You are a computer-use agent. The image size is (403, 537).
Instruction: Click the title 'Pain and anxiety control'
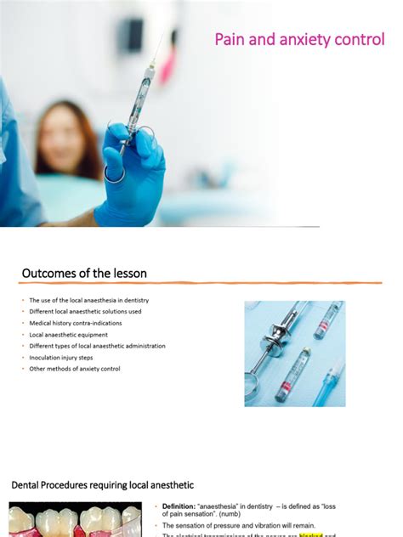point(299,39)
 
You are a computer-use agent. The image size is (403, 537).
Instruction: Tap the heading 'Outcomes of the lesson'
point(84,273)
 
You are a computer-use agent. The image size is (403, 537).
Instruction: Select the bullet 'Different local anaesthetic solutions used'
point(85,312)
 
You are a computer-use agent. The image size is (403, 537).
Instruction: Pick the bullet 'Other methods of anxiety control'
point(74,369)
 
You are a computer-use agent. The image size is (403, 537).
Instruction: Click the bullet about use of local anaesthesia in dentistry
point(88,300)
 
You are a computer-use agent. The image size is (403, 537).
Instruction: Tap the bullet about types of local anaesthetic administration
point(97,346)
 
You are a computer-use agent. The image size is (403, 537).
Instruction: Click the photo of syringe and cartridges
point(295,353)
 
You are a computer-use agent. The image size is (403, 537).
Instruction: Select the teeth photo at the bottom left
point(77,520)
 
